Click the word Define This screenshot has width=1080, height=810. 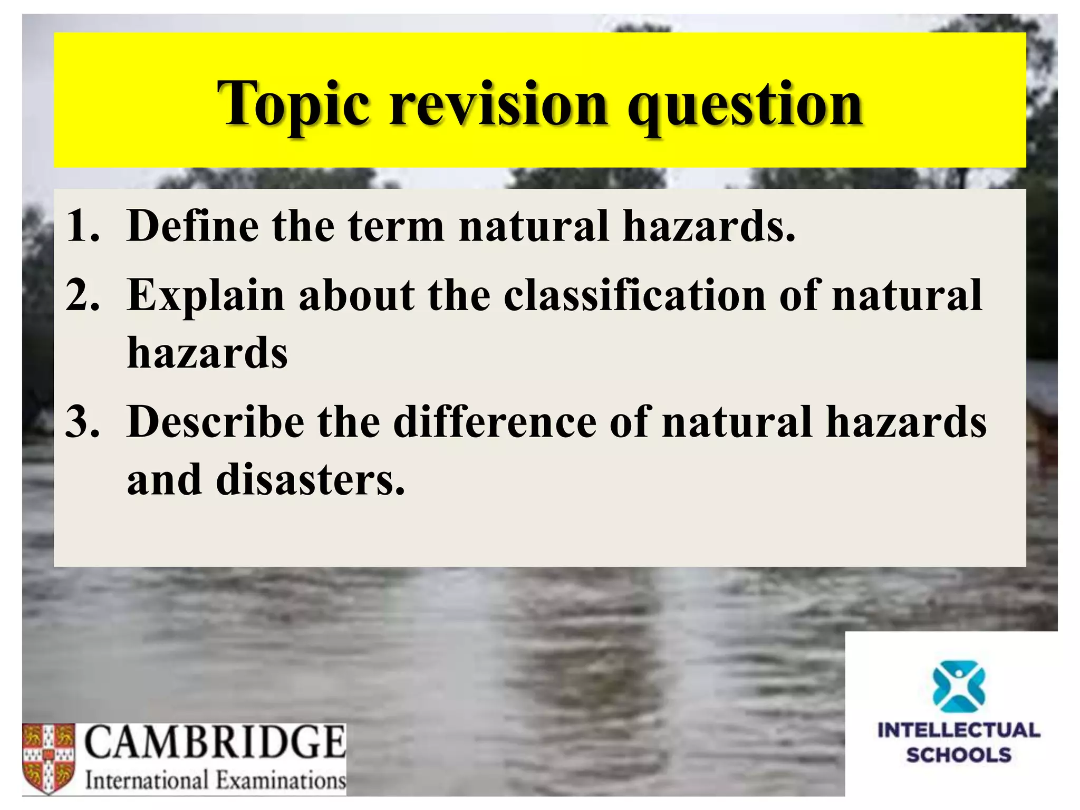coord(193,226)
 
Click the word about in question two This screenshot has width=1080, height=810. coord(356,295)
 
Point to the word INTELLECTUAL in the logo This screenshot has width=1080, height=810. coord(959,730)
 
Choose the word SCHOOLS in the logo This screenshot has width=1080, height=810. coord(959,755)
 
